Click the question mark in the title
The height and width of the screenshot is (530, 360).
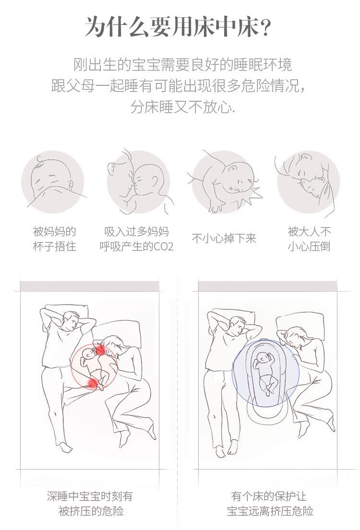(265, 27)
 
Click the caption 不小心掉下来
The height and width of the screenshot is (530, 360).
(224, 238)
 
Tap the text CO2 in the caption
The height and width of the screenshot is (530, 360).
(163, 247)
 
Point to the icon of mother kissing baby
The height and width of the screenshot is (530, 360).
(139, 182)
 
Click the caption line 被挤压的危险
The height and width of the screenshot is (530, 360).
(91, 511)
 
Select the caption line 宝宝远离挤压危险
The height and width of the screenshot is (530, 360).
(270, 511)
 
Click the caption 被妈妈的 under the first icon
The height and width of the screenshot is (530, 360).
(54, 232)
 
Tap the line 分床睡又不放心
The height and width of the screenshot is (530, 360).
(183, 107)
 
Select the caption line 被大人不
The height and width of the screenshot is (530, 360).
(309, 232)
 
